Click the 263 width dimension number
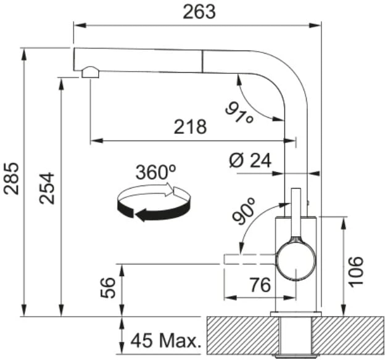tap(199, 12)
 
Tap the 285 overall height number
tap(11, 178)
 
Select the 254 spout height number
tap(47, 188)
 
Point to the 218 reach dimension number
tap(190, 127)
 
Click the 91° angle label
tap(239, 113)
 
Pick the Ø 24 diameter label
tap(250, 160)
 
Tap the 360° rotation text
tap(156, 172)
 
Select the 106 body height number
tap(356, 272)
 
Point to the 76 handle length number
tap(260, 285)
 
